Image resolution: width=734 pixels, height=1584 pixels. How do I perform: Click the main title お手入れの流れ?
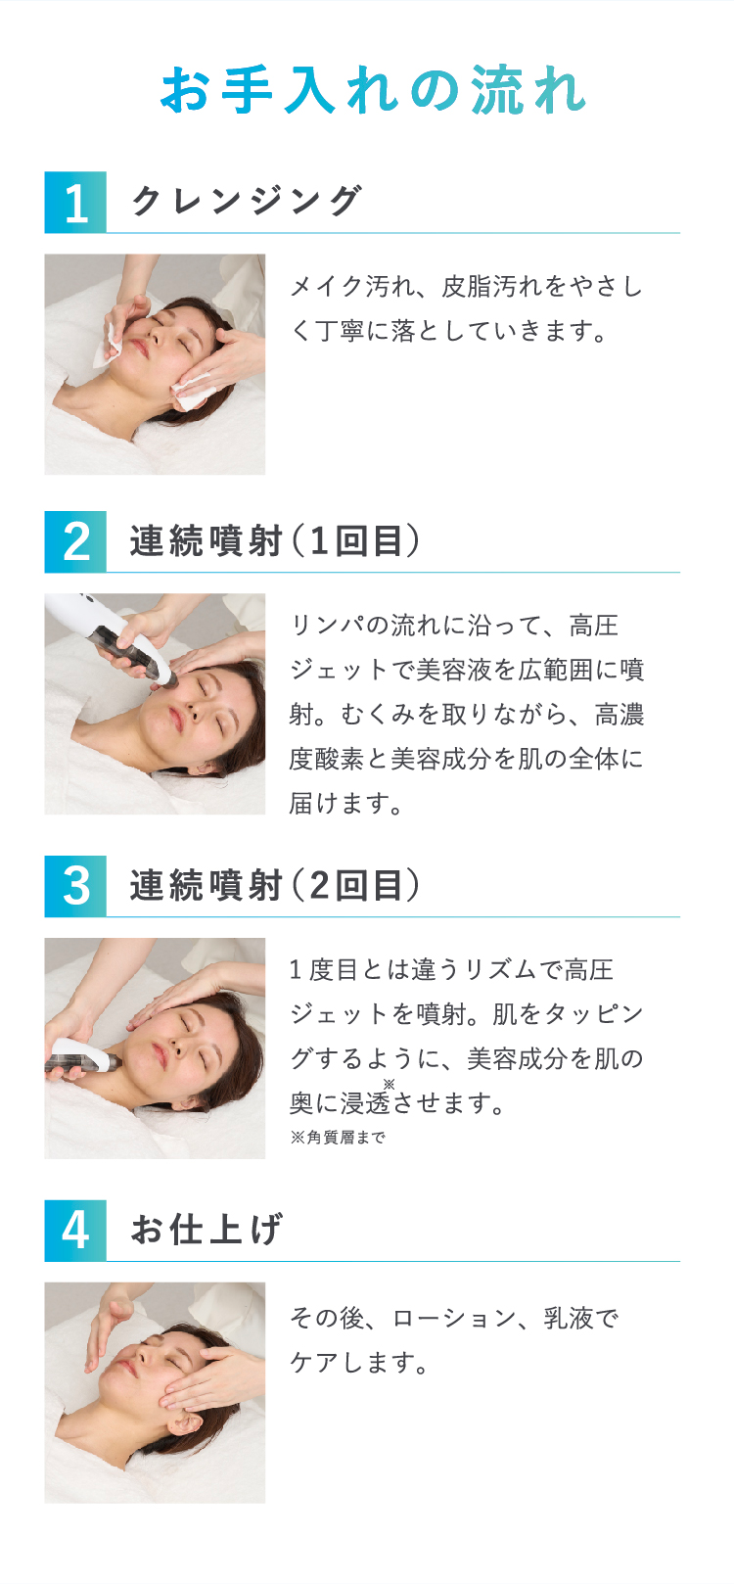(374, 90)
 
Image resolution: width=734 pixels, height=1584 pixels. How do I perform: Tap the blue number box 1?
(75, 203)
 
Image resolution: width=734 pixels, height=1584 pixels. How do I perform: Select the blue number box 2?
(75, 541)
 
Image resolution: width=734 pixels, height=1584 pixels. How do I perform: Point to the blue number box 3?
(75, 886)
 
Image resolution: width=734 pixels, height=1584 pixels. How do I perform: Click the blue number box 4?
(75, 1231)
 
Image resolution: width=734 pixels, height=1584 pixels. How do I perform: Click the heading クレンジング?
(247, 201)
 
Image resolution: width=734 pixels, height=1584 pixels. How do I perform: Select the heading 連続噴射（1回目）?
(275, 541)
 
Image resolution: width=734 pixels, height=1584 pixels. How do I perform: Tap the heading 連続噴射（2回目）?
(275, 885)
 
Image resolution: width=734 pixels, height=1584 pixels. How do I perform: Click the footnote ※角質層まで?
(338, 1137)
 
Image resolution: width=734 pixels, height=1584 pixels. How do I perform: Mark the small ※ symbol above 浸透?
(389, 1084)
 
